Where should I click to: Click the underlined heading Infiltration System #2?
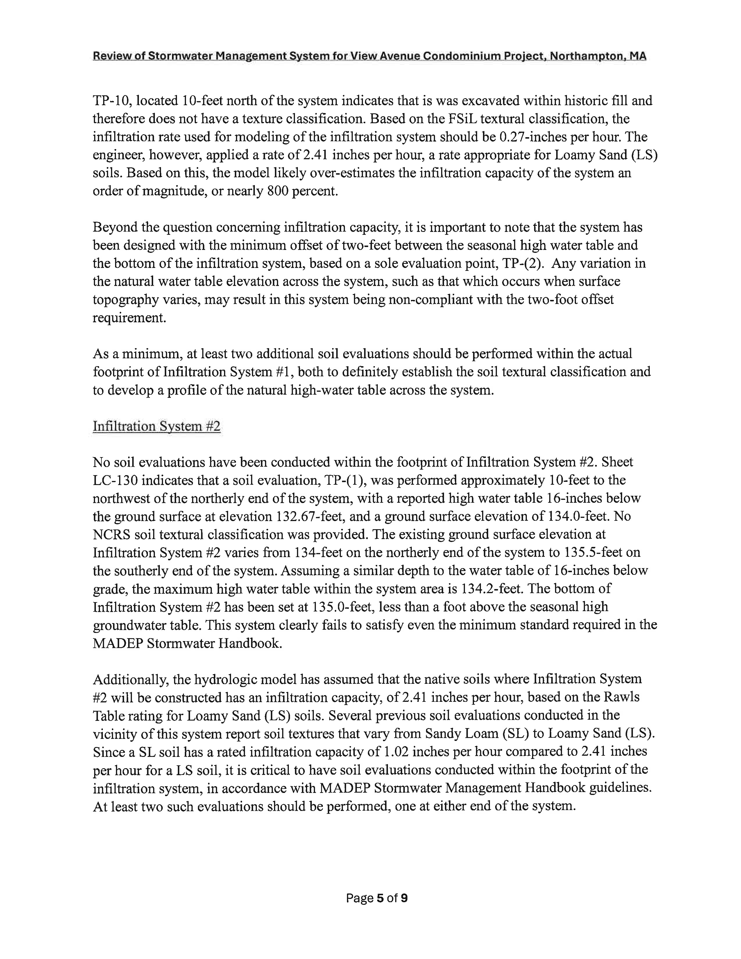pyautogui.click(x=156, y=426)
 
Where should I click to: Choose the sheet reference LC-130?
pyautogui.click(x=116, y=480)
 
